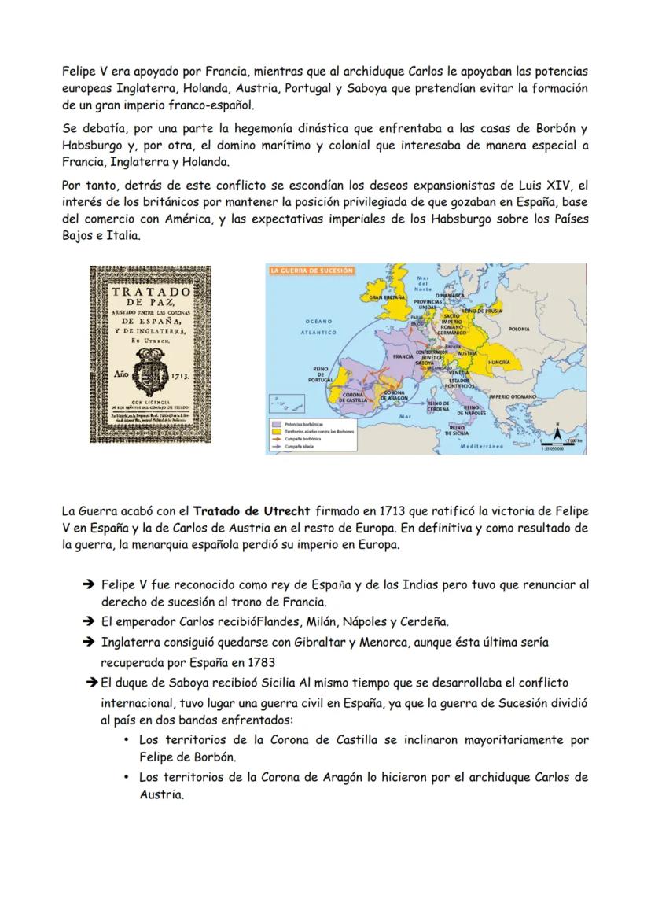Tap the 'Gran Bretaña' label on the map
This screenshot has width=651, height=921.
click(x=387, y=298)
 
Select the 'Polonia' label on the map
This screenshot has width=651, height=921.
click(x=519, y=329)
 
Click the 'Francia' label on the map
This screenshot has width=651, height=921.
click(x=403, y=356)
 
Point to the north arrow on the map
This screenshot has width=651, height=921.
click(x=557, y=432)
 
